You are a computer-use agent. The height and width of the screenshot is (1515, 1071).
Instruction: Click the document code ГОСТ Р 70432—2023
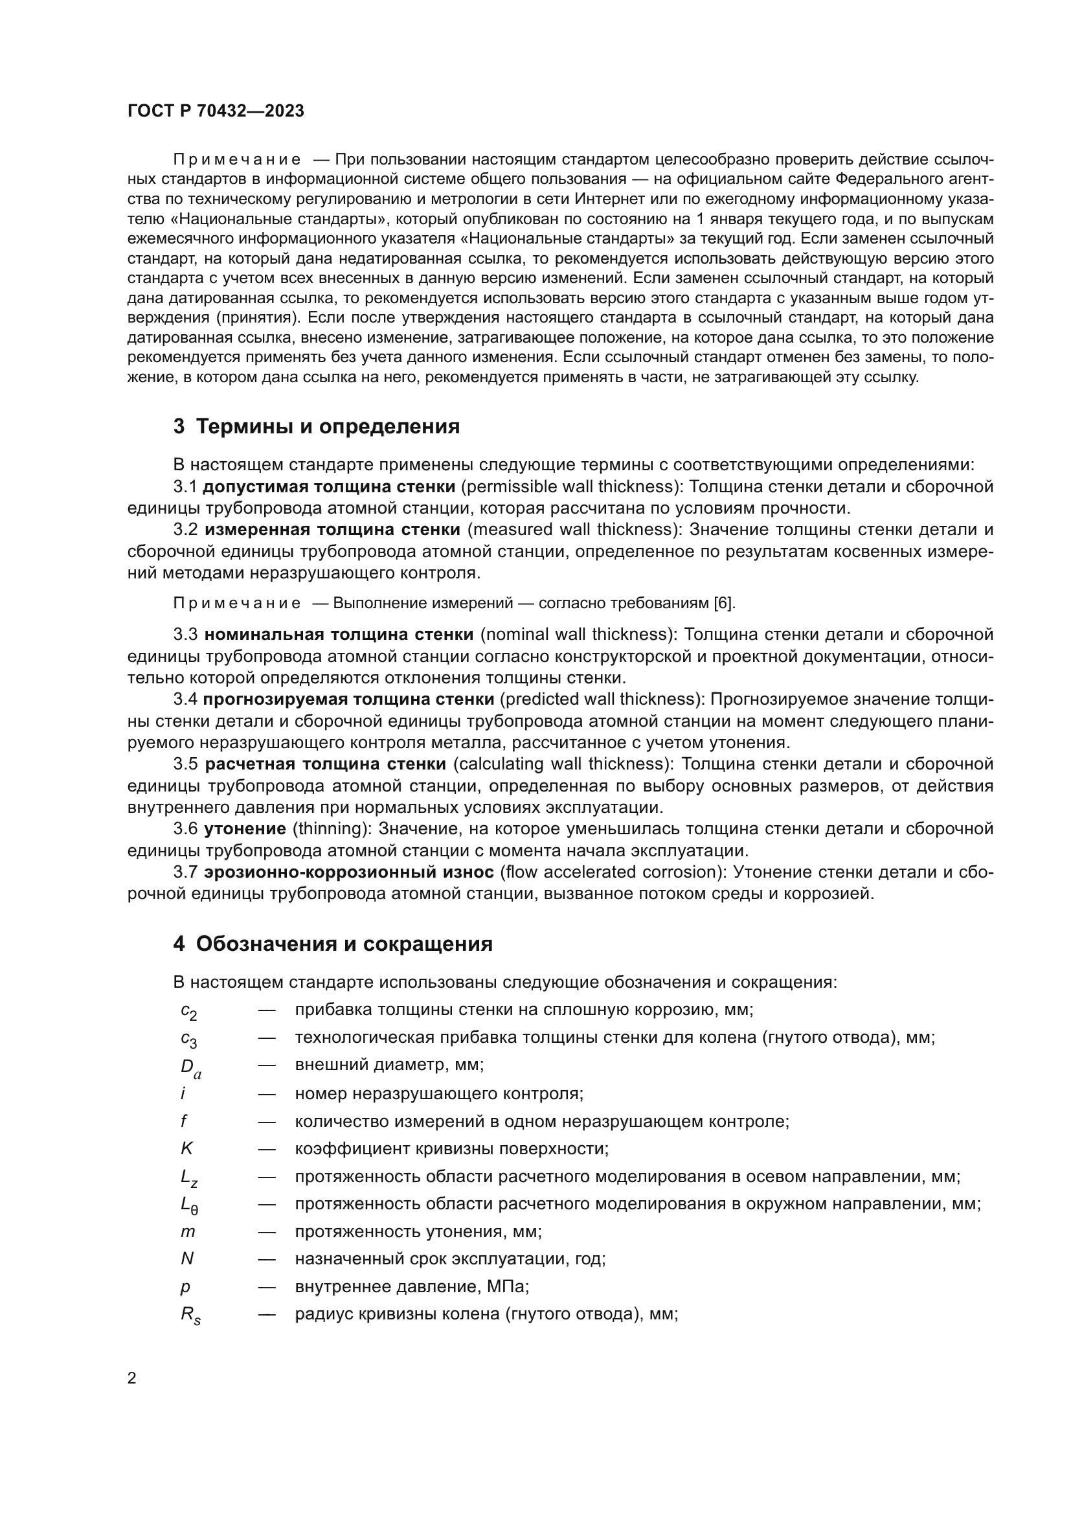pyautogui.click(x=216, y=111)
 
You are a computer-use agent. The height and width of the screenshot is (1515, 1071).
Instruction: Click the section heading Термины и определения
pyautogui.click(x=328, y=427)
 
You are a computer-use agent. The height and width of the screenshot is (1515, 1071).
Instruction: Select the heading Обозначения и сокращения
pyautogui.click(x=344, y=944)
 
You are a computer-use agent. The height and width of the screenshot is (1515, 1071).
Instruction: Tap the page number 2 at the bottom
pyautogui.click(x=132, y=1378)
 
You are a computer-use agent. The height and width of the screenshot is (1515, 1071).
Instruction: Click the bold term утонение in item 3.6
pyautogui.click(x=245, y=829)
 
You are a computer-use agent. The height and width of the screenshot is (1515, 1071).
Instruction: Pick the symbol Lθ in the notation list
pyautogui.click(x=189, y=1205)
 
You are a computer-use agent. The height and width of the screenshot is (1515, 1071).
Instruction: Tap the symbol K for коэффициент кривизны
pyautogui.click(x=186, y=1149)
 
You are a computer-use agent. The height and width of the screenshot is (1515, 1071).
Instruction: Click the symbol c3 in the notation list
pyautogui.click(x=188, y=1039)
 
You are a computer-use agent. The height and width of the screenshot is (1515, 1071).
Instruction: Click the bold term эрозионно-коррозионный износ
pyautogui.click(x=349, y=872)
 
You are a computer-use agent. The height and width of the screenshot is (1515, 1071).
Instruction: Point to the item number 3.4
pyautogui.click(x=185, y=699)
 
